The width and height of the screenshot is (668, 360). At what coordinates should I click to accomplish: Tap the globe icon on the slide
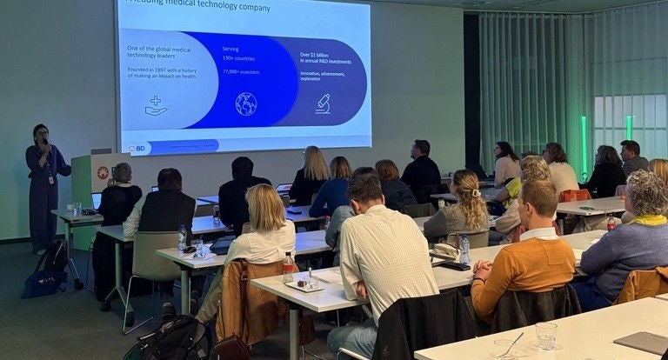point(246,104)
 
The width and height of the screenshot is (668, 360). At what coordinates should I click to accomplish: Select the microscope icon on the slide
point(323,103)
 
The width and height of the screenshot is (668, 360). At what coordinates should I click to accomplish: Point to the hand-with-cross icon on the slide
point(156,106)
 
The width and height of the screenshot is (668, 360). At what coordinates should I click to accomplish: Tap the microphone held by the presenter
point(44,142)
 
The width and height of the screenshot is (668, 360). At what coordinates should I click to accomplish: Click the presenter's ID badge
point(52,179)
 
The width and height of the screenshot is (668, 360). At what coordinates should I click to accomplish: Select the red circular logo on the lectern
point(103,173)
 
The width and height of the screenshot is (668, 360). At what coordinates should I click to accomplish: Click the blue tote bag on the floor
point(43,283)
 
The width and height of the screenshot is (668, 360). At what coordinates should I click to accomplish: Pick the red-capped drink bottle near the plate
point(288,264)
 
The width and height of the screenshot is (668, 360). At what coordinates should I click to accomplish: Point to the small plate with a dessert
point(304,283)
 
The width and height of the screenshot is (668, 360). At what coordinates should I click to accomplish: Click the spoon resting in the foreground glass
point(511,343)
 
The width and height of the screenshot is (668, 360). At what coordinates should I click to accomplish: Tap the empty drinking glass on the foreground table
point(545,335)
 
